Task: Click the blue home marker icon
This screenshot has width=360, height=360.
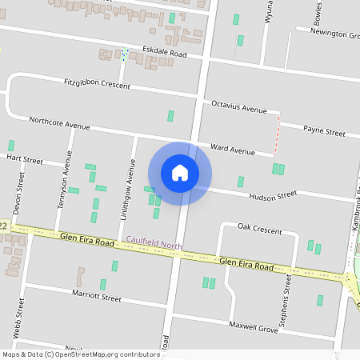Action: [180, 172]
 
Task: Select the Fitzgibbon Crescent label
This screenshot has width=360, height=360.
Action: [97, 83]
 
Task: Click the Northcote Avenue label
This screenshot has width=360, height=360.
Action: [59, 124]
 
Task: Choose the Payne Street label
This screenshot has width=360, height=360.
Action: [324, 131]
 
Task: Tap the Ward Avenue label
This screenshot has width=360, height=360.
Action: [232, 150]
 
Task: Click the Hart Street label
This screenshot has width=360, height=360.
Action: [24, 159]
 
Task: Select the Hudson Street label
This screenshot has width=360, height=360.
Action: [273, 195]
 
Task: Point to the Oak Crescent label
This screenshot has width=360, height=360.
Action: [260, 230]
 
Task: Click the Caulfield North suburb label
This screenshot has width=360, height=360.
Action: [154, 240]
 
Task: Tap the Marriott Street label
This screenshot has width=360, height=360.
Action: [95, 298]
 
